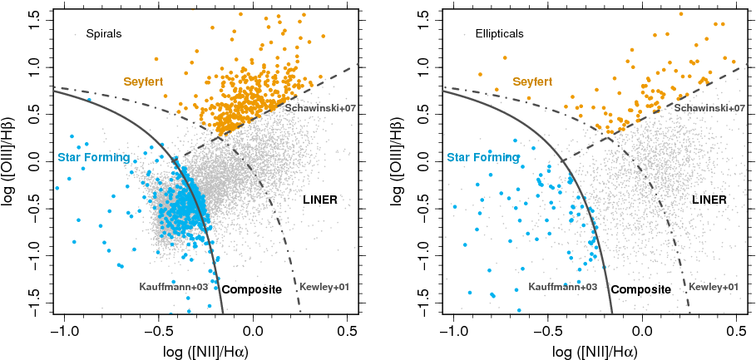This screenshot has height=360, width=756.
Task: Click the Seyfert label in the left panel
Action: coord(143,81)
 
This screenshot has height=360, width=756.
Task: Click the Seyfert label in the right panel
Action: coord(532,81)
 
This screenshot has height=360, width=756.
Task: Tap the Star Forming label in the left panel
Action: coord(93,157)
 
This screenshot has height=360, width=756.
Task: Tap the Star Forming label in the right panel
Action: coord(483,157)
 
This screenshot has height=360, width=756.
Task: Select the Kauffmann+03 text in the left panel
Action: coord(173,287)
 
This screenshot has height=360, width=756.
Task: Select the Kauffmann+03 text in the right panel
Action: coord(562,287)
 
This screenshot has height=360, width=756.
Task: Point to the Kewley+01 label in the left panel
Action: coord(325,287)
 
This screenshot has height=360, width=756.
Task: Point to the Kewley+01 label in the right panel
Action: coord(714,287)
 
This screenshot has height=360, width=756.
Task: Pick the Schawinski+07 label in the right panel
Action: coord(709,108)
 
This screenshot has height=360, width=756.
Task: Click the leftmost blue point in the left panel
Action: coord(57,188)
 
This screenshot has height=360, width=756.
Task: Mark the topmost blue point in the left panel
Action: coord(88,101)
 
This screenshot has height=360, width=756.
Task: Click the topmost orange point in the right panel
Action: coord(681,13)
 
